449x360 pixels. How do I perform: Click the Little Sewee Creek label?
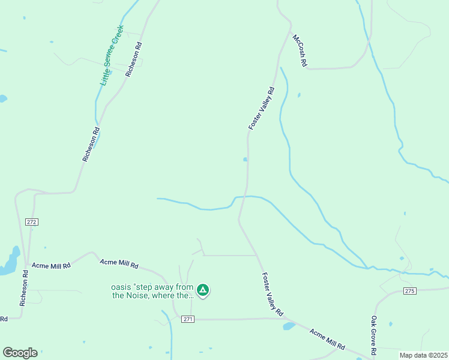tap(112, 55)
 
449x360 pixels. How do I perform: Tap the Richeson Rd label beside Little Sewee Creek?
tap(134, 59)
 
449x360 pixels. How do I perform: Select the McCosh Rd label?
tap(300, 50)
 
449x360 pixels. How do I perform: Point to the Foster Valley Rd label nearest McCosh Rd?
tap(261, 109)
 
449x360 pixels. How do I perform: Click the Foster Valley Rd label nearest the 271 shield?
tap(272, 295)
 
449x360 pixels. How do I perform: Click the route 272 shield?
tap(32, 222)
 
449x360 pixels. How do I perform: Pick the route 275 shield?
tap(409, 291)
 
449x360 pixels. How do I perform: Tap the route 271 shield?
tap(188, 319)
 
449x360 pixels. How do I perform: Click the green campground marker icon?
tap(203, 291)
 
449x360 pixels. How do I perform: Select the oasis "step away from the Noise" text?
tap(153, 291)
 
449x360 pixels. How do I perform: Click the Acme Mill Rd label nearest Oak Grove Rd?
tap(327, 339)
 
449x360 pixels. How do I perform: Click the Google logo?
tap(20, 353)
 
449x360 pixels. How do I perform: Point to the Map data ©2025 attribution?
tap(423, 355)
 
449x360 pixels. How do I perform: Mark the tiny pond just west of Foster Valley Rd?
tap(245, 160)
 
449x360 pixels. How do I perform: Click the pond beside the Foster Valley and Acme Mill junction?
tap(289, 326)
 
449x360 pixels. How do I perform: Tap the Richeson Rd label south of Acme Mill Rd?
tap(23, 288)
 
